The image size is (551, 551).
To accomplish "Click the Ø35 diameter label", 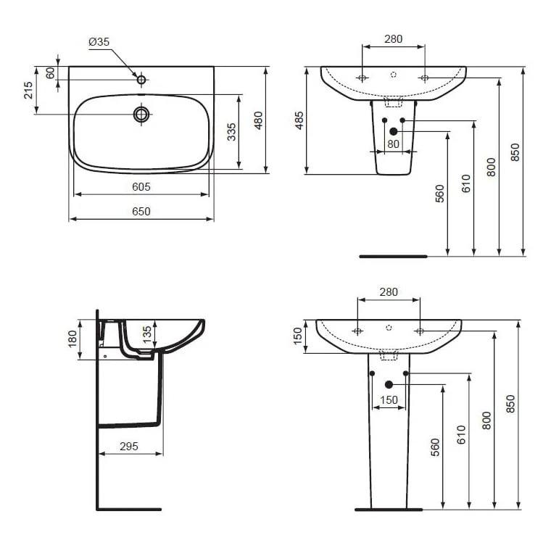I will (99, 43).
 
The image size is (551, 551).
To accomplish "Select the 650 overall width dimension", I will (141, 212).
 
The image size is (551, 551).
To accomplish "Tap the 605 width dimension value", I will (141, 187).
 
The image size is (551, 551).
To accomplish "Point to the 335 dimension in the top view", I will (231, 131).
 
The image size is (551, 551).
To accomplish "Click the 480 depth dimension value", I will (257, 120).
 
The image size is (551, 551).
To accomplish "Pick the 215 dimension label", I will (28, 90).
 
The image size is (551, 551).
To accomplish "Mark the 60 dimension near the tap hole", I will (50, 73).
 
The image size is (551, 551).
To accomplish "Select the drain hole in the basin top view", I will (141, 114).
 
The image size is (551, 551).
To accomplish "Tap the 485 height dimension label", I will (299, 120).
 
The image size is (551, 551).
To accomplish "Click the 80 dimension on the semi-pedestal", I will (393, 144).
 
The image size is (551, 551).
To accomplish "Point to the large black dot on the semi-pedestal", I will (394, 131).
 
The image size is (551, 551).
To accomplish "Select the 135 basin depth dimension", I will (147, 334).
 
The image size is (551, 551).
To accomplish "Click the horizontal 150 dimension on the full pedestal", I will (389, 399).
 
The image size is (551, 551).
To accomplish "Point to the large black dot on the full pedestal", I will (389, 384).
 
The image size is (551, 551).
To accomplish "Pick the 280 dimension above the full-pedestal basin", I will (389, 292).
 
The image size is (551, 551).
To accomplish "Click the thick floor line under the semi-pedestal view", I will (394, 256).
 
